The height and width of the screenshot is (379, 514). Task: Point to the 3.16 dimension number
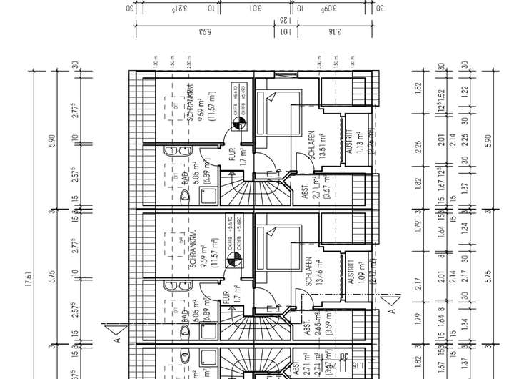(x=332, y=31)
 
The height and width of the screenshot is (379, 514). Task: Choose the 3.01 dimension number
(x=255, y=9)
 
